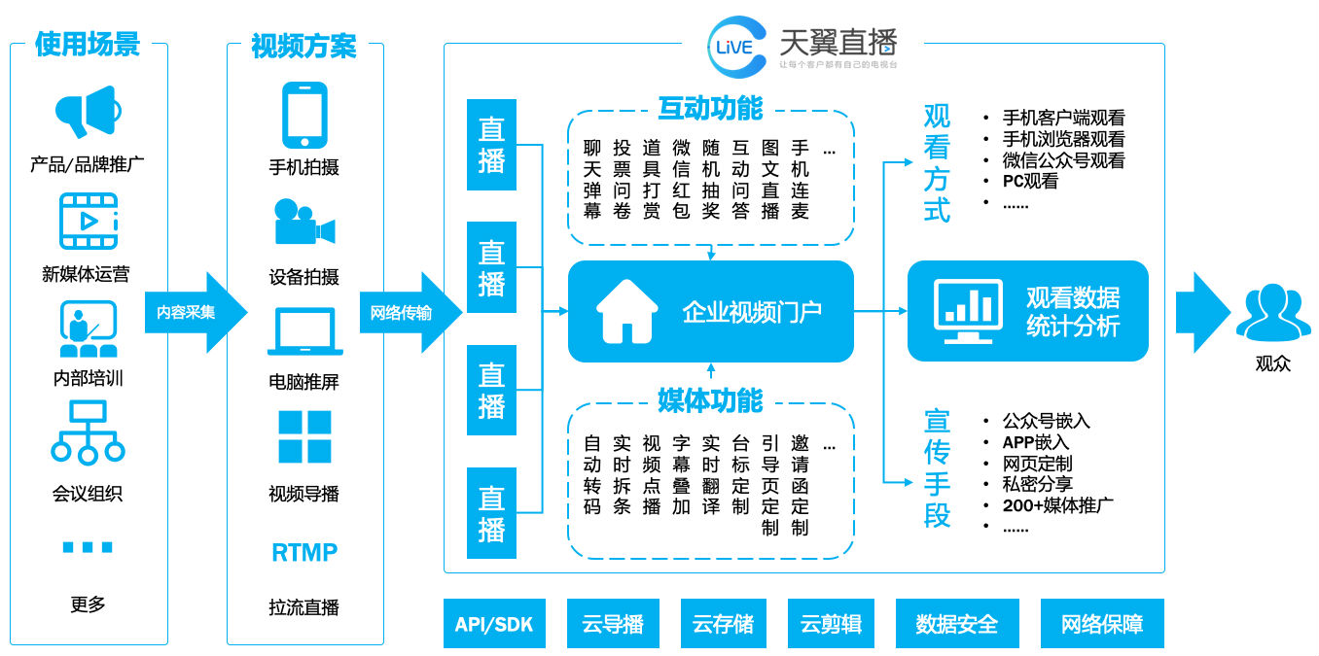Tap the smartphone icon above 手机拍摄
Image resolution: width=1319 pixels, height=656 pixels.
pyautogui.click(x=303, y=115)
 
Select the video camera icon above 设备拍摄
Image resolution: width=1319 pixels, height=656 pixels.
pyautogui.click(x=303, y=223)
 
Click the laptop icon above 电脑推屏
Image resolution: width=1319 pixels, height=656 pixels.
pyautogui.click(x=303, y=331)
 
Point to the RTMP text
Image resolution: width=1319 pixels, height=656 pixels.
pyautogui.click(x=303, y=553)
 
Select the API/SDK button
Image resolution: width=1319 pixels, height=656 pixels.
pyautogui.click(x=494, y=624)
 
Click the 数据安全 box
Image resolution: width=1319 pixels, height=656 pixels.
pyautogui.click(x=956, y=624)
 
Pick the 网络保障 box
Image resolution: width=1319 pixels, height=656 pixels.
pyautogui.click(x=1101, y=624)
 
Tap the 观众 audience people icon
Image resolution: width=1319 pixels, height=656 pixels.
pyautogui.click(x=1272, y=312)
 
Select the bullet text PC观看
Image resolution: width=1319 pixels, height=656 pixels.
pyautogui.click(x=1030, y=181)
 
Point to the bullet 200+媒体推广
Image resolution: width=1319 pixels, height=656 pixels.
pyautogui.click(x=1057, y=505)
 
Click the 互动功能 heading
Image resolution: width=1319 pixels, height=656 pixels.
pyautogui.click(x=710, y=108)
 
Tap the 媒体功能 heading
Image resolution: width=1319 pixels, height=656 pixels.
pyautogui.click(x=710, y=400)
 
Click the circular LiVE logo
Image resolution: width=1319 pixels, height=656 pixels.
pyautogui.click(x=736, y=46)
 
